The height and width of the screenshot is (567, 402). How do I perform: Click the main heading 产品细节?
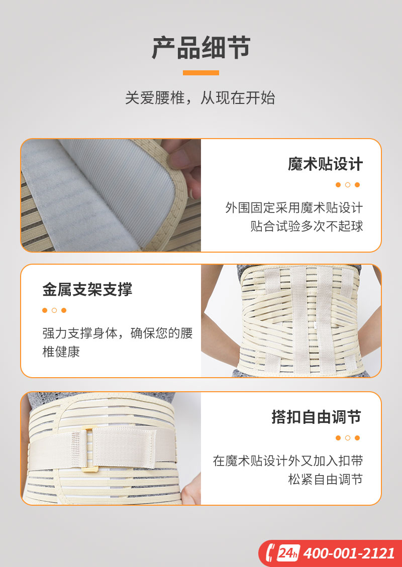[x=201, y=47]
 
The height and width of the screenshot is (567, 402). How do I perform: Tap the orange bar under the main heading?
[x=201, y=73]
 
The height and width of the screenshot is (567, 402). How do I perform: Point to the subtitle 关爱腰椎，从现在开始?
[x=200, y=98]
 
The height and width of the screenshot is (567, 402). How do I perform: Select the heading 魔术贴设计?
[x=325, y=164]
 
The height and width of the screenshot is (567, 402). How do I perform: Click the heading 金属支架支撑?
[x=87, y=289]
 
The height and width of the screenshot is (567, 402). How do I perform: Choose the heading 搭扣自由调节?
[x=317, y=416]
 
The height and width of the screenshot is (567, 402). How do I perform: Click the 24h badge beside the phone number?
[x=288, y=553]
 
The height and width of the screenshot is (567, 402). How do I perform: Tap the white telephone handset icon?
[x=270, y=553]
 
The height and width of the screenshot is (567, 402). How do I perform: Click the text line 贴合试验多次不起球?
[x=307, y=226]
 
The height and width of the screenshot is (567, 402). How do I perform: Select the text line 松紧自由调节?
[x=325, y=480]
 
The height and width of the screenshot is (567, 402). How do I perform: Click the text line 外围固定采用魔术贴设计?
[x=294, y=208]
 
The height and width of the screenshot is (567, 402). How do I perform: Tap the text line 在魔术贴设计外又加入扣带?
[x=288, y=461]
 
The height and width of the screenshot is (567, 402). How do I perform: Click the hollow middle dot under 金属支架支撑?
[x=54, y=310]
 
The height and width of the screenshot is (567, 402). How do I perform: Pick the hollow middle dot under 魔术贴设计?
[x=348, y=185]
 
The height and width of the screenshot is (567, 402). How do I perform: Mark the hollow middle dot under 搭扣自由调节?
[x=348, y=438]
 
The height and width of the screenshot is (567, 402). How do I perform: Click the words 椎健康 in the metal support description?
[x=61, y=352]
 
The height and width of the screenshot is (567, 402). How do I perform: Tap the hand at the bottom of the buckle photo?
[x=191, y=489]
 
